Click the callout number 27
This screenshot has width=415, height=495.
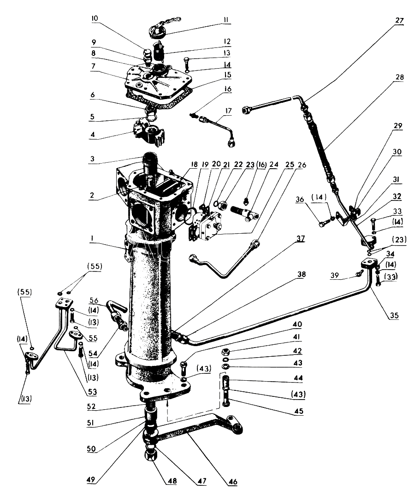399,21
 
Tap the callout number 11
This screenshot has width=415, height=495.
225,20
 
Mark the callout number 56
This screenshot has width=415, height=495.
94,300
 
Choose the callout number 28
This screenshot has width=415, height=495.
399,77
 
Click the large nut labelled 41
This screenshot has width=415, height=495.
226,351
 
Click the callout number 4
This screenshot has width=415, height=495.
93,135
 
